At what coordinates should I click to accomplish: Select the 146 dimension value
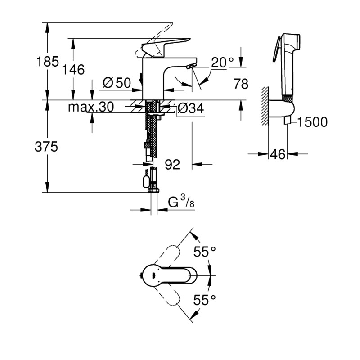pyautogui.click(x=73, y=70)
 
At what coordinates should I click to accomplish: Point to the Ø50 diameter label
pyautogui.click(x=116, y=83)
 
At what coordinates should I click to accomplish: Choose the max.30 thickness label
pyautogui.click(x=91, y=107)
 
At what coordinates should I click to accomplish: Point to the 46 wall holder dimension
pyautogui.click(x=278, y=154)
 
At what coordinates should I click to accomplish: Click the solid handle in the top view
pyautogui.click(x=169, y=274)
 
